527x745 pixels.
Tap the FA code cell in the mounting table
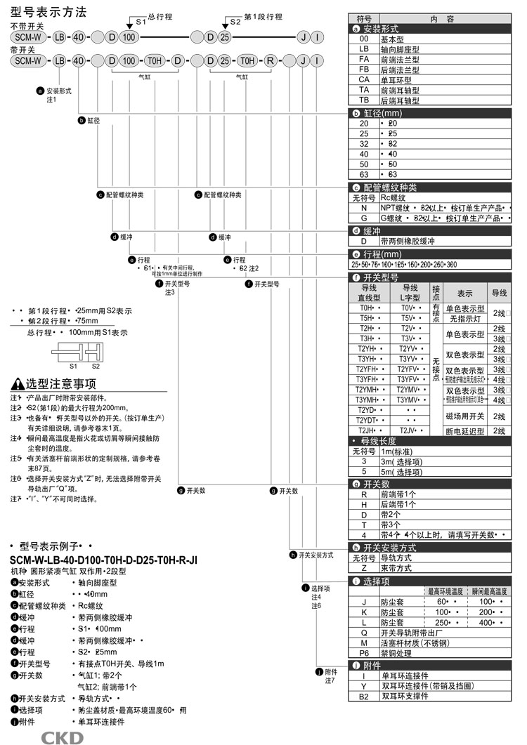click(x=363, y=60)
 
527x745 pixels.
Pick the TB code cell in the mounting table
click(x=363, y=100)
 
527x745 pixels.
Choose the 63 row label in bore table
click(x=363, y=173)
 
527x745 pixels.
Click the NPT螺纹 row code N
click(x=363, y=208)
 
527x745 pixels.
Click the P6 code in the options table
click(x=363, y=652)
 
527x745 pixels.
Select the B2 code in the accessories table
click(x=363, y=696)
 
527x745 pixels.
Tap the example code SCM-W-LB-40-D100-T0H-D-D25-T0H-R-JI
click(x=103, y=559)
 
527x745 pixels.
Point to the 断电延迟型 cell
click(x=464, y=430)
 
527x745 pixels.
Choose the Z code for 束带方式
click(x=363, y=568)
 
